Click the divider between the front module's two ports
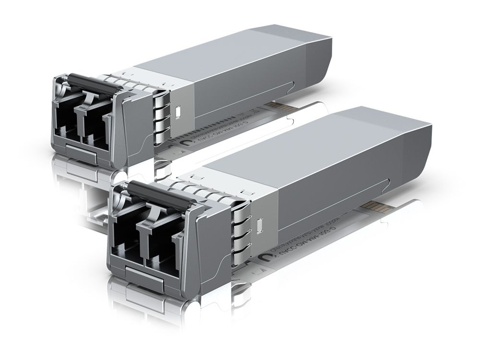click(x=142, y=240)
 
